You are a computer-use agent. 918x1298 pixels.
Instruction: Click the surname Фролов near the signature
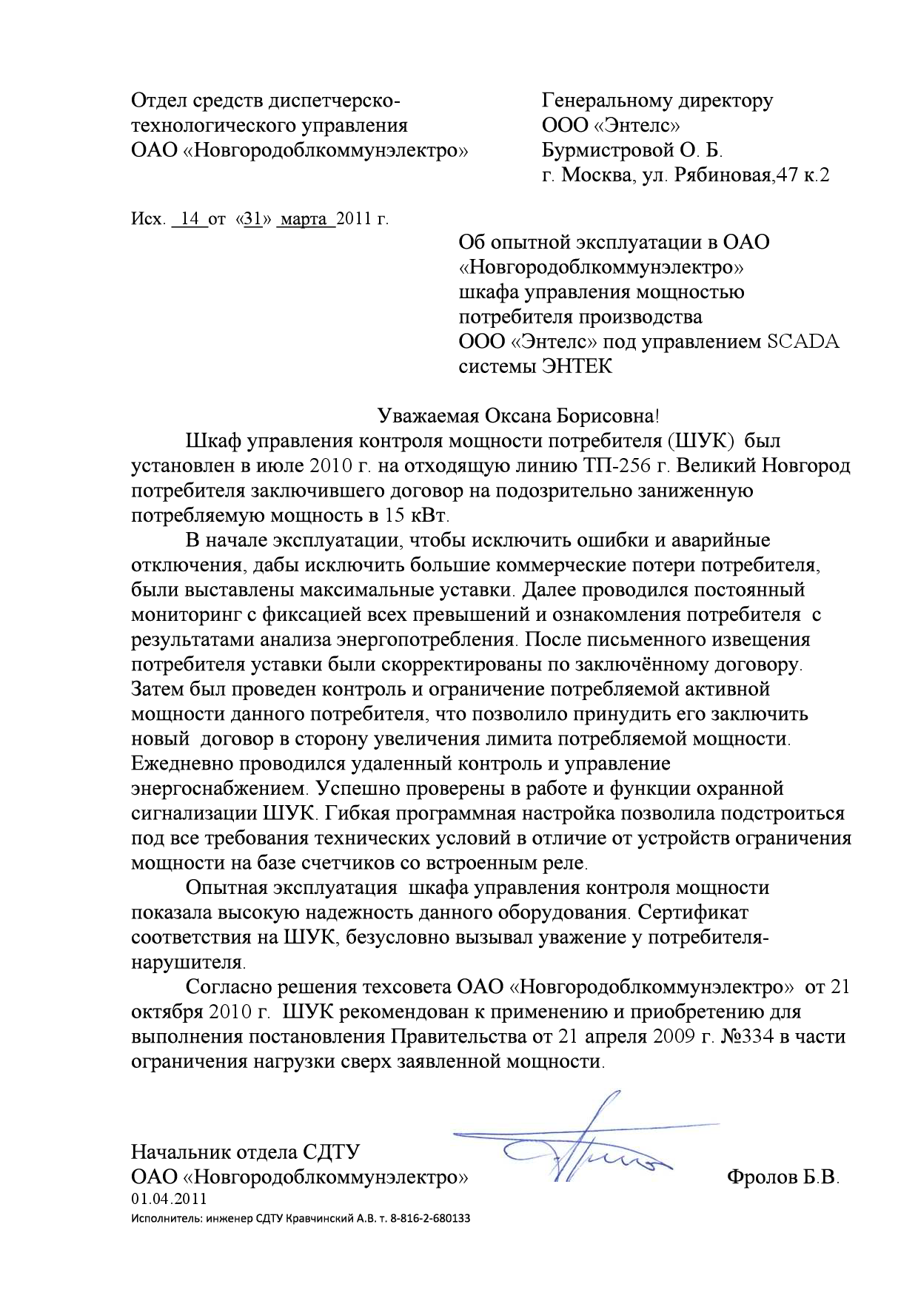click(x=763, y=1177)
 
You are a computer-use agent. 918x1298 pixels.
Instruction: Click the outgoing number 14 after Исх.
click(x=191, y=220)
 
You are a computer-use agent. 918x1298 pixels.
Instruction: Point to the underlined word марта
click(x=305, y=220)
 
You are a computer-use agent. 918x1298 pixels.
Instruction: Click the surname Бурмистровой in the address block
click(x=604, y=150)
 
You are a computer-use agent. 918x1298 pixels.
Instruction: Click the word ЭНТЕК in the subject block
click(x=577, y=366)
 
